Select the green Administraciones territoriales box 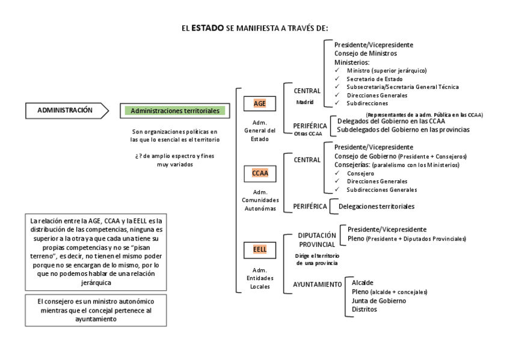[175, 111]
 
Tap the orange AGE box [260, 103]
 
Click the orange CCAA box [260, 174]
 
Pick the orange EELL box [260, 249]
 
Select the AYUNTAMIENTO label [318, 284]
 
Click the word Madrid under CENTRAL [306, 102]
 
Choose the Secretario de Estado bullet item [375, 79]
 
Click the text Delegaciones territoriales [376, 207]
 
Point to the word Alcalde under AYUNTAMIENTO [363, 282]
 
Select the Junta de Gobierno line [379, 301]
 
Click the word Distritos [364, 310]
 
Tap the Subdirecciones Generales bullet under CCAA [382, 190]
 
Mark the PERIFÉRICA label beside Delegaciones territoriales [310, 207]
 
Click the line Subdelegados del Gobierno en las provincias [404, 129]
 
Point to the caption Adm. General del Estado [260, 130]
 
